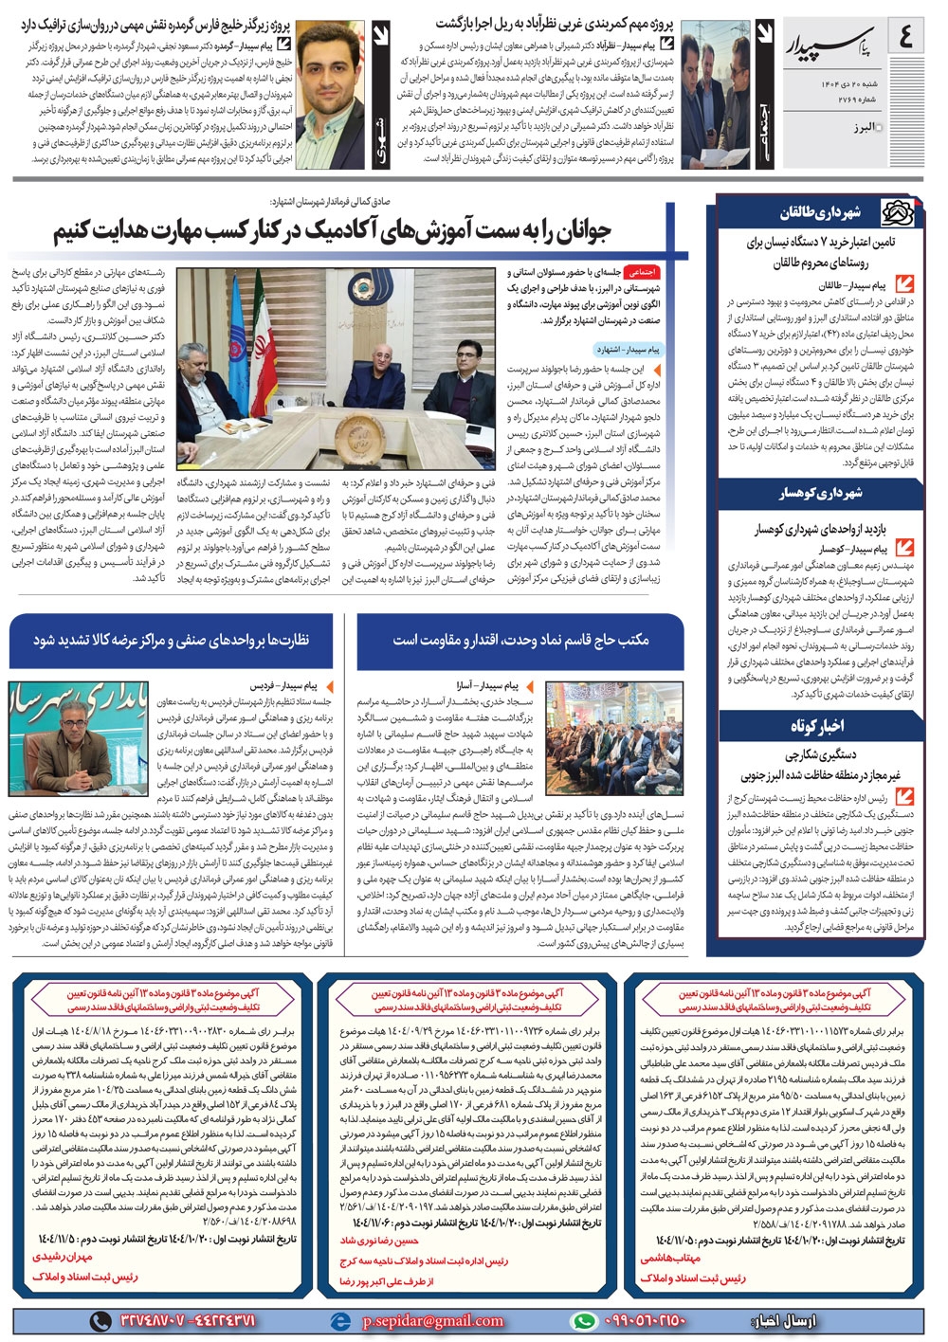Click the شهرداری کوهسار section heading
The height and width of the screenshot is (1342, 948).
pos(821,493)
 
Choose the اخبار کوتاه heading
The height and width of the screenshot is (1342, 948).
pos(817,726)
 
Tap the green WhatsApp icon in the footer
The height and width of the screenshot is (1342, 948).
pos(584,1320)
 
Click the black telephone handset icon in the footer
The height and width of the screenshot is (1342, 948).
pos(100,1320)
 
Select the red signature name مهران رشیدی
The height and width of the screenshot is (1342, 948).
pos(63,1256)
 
